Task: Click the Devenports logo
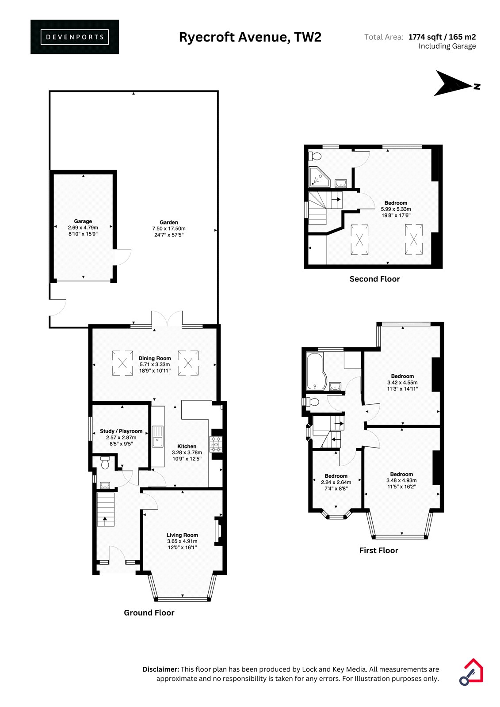pyautogui.click(x=75, y=37)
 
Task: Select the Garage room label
pyautogui.click(x=83, y=221)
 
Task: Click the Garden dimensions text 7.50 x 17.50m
pyautogui.click(x=169, y=228)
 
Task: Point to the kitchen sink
pyautogui.click(x=158, y=437)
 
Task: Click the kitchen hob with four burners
pyautogui.click(x=216, y=444)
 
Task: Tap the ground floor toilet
pyautogui.click(x=105, y=462)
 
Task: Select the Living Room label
pyautogui.click(x=182, y=535)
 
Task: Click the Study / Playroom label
pyautogui.click(x=121, y=431)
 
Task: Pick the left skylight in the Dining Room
pyautogui.click(x=122, y=363)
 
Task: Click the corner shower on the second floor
pyautogui.click(x=319, y=177)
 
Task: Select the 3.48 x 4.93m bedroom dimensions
pyautogui.click(x=401, y=480)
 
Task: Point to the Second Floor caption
pyautogui.click(x=374, y=279)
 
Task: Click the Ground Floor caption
pyautogui.click(x=149, y=612)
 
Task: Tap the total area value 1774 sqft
pyautogui.click(x=425, y=37)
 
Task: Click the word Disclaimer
pyautogui.click(x=161, y=669)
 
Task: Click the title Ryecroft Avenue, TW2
pyautogui.click(x=250, y=37)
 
